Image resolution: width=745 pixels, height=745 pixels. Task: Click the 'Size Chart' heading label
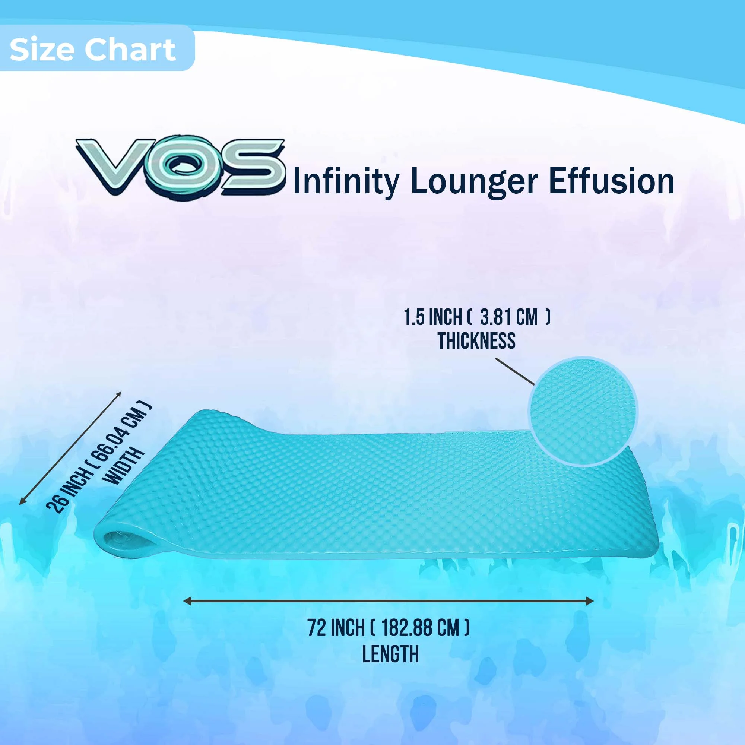pos(92,50)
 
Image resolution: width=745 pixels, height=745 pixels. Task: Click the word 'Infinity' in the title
pos(346,181)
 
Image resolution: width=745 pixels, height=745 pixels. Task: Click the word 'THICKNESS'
pos(476,341)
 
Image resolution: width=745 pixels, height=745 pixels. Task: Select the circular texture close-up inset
pos(583,412)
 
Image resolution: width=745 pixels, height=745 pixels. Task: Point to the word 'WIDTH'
pos(124,465)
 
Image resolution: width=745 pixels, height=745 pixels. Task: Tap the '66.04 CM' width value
pos(123,430)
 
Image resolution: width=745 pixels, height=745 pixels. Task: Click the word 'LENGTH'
pos(390,654)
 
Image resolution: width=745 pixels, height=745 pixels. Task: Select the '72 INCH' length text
pos(336,628)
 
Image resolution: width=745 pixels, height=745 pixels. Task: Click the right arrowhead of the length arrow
pos(590,601)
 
